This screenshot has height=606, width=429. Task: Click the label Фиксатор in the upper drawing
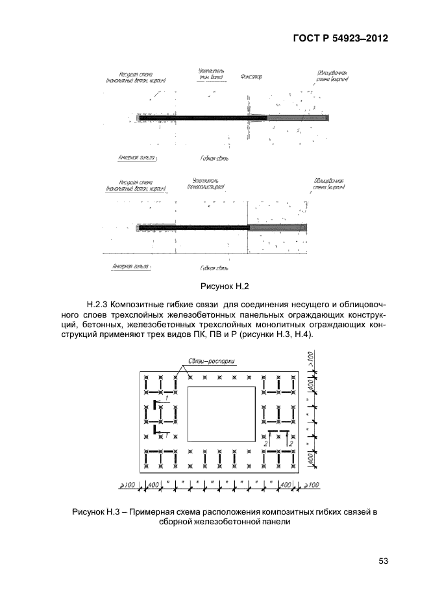click(x=251, y=77)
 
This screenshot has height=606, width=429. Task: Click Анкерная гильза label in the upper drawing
click(x=139, y=157)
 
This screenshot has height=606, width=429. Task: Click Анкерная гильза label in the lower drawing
click(x=130, y=266)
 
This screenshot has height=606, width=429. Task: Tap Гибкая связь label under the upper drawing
click(x=214, y=157)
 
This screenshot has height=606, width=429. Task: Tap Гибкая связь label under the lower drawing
click(x=214, y=267)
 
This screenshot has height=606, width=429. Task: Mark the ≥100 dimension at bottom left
click(x=127, y=485)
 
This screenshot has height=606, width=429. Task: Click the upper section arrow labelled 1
click(x=165, y=405)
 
